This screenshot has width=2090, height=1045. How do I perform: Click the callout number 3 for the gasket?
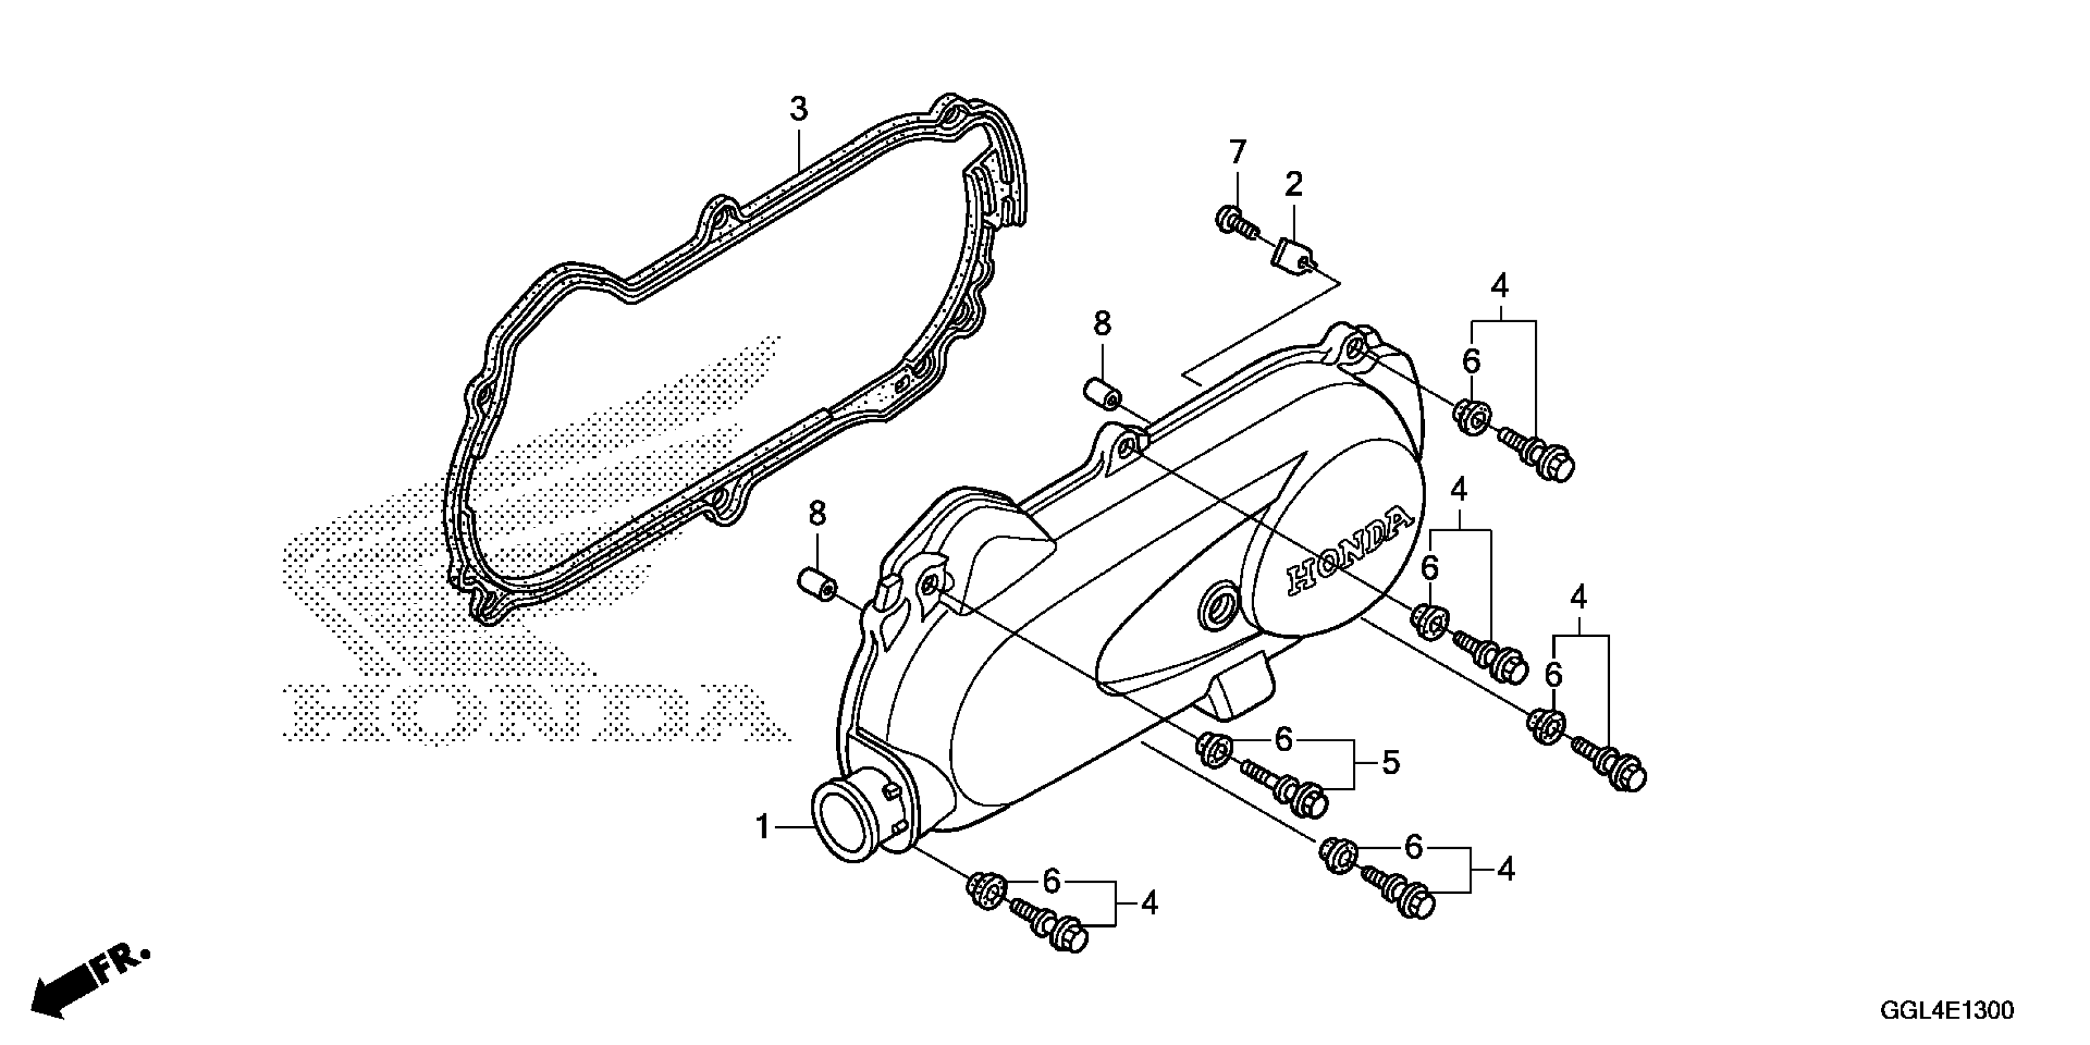[799, 109]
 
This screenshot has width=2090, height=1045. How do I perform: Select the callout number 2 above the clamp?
[1293, 185]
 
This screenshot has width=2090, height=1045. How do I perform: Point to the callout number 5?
[1390, 763]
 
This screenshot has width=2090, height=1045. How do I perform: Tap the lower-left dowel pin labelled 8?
[817, 584]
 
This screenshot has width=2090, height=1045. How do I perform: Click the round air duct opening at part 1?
[844, 821]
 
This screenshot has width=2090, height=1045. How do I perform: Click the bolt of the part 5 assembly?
[1290, 792]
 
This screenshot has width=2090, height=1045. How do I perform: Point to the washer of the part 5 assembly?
[1213, 747]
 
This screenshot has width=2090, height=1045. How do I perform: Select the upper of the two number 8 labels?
[1102, 325]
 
